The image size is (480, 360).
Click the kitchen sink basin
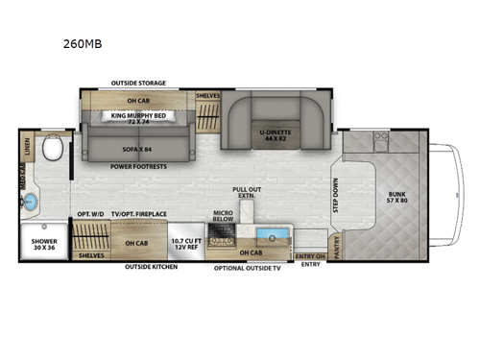point(271,235)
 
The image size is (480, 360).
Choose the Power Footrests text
point(137,167)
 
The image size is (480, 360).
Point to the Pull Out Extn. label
point(248,193)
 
